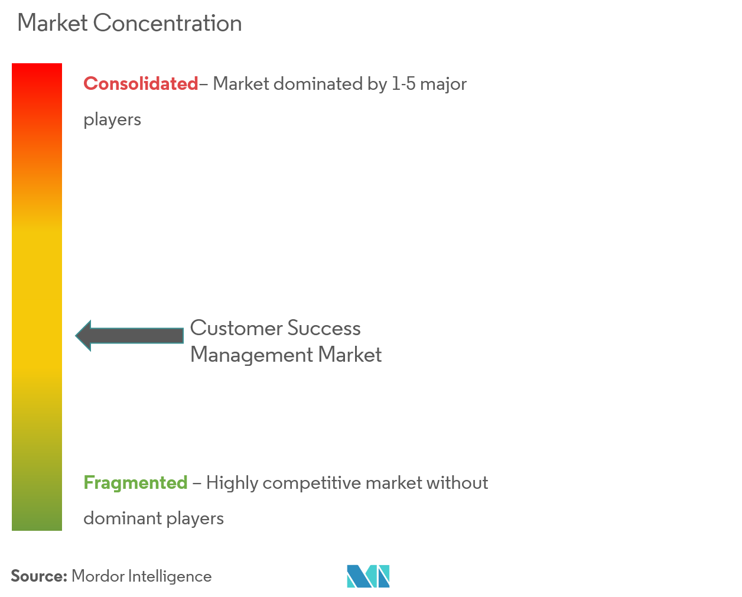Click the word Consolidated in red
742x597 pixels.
(141, 84)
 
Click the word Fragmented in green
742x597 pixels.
(135, 483)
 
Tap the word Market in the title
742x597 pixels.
(53, 23)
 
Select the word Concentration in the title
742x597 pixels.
(167, 23)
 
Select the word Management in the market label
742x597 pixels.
(252, 355)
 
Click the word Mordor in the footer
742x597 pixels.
(97, 576)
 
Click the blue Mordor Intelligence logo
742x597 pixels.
(368, 576)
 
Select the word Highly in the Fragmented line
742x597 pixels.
(232, 483)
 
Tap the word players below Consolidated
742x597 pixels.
(112, 119)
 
